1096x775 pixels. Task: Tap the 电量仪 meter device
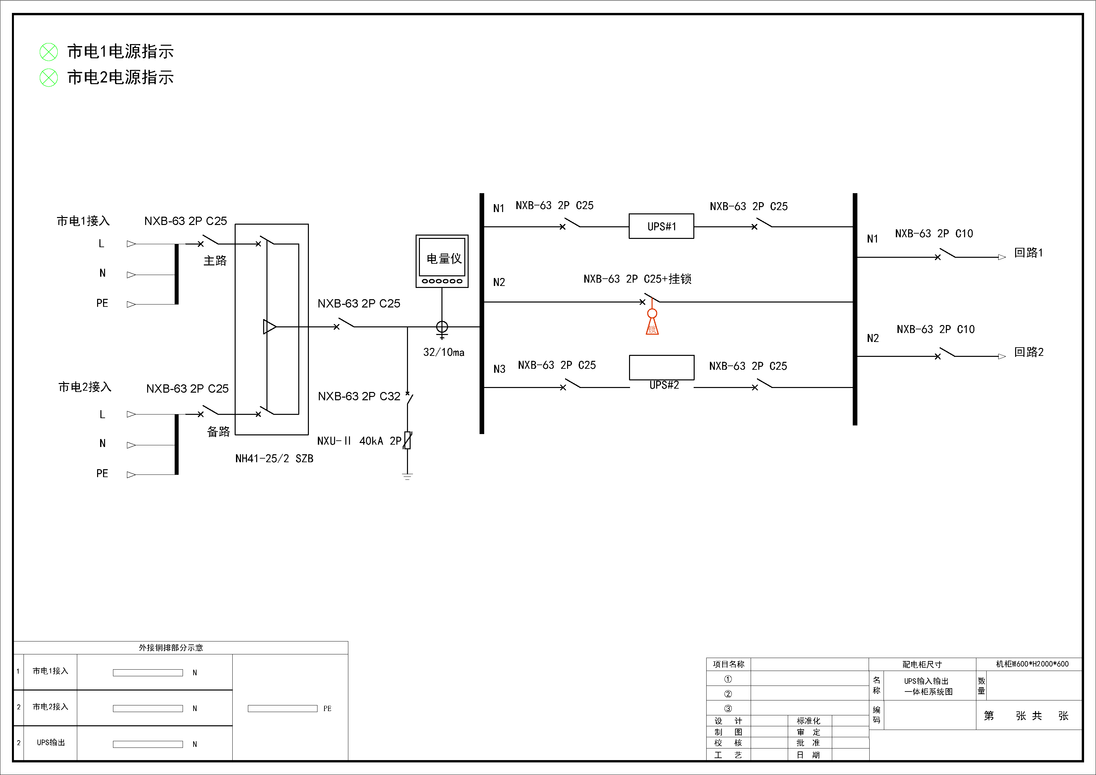(x=442, y=261)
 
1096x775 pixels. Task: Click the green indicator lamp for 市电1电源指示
(x=49, y=52)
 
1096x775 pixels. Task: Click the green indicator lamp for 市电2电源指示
(x=49, y=77)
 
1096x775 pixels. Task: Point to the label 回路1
(x=1029, y=252)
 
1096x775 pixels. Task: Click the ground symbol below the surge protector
(x=407, y=476)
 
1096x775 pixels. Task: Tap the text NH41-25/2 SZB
(x=274, y=459)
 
